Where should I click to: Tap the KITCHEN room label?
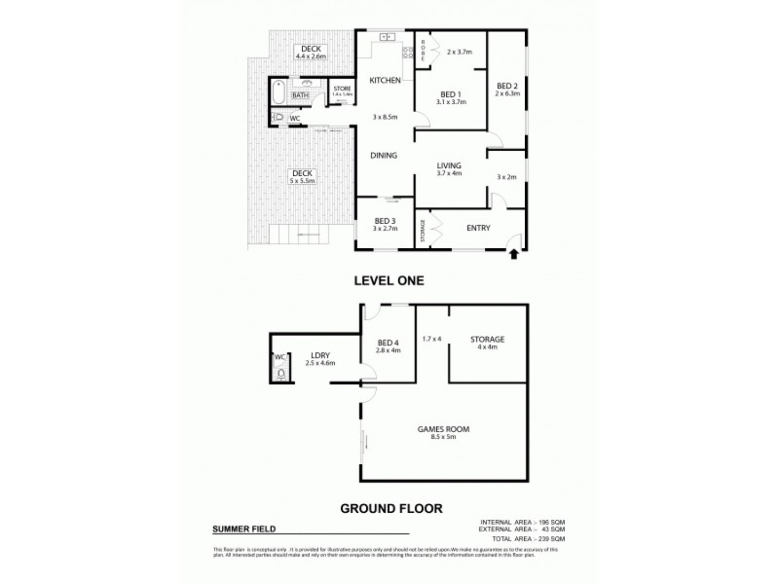386,80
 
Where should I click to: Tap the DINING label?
386,154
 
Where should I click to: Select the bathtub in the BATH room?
278,95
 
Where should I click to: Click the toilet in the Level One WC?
278,118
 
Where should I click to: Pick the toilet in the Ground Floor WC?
281,371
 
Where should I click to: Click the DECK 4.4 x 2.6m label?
310,52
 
